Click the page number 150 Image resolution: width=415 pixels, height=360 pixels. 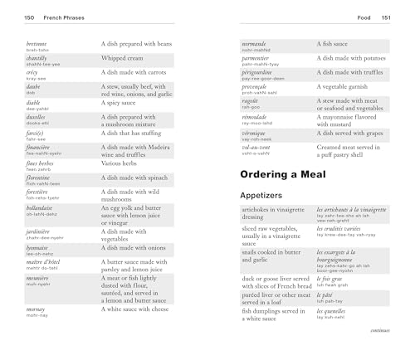click(29, 17)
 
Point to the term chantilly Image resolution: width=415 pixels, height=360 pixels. click(39, 58)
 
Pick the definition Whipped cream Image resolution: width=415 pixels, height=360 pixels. click(126, 58)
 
